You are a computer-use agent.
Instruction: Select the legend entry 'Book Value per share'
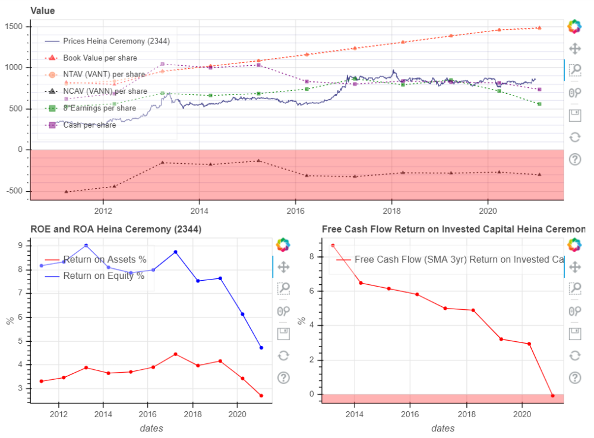coord(100,58)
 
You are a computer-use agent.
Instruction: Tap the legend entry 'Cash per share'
coord(89,125)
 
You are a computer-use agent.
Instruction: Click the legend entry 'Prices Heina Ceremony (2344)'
coord(116,41)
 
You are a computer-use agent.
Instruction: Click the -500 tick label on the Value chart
coord(13,191)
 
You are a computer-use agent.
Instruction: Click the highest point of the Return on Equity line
coord(86,245)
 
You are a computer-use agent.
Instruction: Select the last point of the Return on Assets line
coord(261,396)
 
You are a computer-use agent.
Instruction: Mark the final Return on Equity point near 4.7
coord(261,348)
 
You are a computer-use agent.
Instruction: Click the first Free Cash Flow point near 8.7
coord(333,245)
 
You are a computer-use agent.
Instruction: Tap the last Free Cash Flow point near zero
coord(552,396)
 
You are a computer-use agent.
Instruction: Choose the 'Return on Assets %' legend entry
coord(104,259)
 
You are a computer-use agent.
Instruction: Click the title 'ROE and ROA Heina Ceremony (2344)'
coord(116,229)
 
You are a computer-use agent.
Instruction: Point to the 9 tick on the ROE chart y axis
coord(20,245)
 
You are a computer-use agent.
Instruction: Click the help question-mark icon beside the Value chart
coord(574,159)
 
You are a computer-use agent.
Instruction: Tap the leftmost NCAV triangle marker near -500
coord(66,192)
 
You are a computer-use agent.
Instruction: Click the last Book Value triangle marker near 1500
coord(539,27)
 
